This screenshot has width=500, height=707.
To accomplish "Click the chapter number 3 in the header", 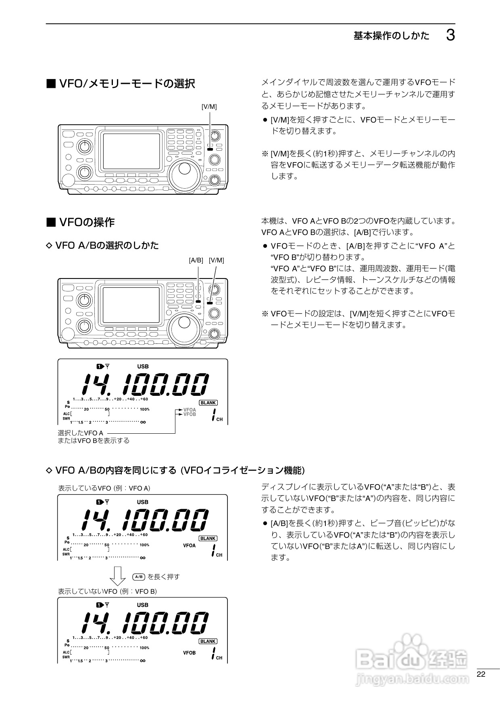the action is tap(450, 36).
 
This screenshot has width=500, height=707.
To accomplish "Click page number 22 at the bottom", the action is tap(481, 674).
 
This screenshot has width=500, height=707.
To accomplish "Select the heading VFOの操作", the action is tap(87, 222).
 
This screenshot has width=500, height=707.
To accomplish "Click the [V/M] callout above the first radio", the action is tap(209, 106).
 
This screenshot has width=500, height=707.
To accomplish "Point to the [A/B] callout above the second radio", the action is tap(196, 260).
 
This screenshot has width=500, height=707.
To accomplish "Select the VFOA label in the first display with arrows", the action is tap(190, 410).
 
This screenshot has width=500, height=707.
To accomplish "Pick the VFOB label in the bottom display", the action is tap(189, 653).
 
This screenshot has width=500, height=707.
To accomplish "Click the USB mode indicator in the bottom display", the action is tap(143, 605).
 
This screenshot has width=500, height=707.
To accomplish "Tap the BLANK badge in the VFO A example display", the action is tap(208, 539).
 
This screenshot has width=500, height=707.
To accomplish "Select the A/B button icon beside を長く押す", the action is tap(139, 577).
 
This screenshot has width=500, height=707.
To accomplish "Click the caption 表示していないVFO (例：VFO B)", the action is tap(107, 591).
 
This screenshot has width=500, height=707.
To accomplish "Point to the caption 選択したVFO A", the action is tap(81, 433).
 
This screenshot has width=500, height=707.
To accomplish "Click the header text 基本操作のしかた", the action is tap(392, 36).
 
